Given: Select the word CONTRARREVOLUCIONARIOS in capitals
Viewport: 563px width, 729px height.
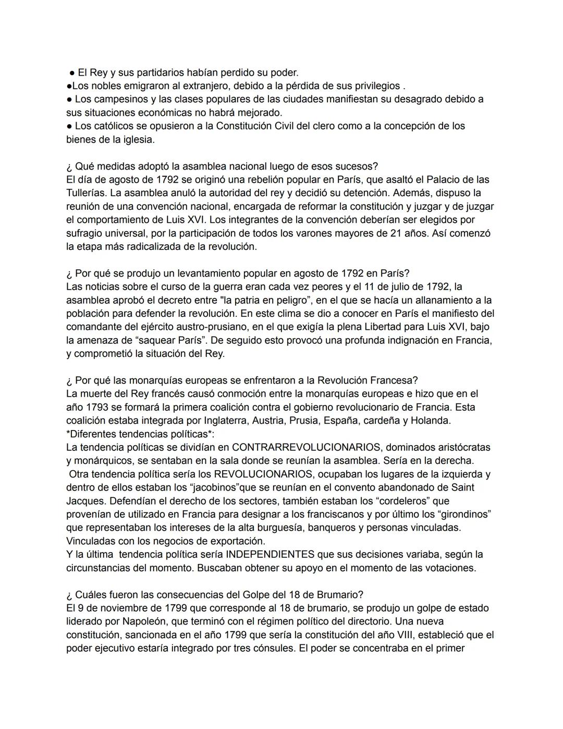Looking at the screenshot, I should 307,447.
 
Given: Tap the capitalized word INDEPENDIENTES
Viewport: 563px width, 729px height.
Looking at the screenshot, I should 270,554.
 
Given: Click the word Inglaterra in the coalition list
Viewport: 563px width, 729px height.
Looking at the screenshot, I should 223,421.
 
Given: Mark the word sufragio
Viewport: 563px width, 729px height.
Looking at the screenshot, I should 85,233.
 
